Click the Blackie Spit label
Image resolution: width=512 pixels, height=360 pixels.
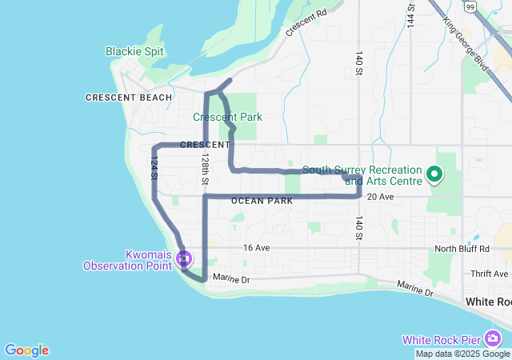(x=134, y=51)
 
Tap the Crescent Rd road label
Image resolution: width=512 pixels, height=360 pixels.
(x=306, y=23)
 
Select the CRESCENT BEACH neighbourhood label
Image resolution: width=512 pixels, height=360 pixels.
(x=129, y=98)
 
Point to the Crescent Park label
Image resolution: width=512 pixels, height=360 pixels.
(x=227, y=117)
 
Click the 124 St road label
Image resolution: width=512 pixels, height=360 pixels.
(x=153, y=167)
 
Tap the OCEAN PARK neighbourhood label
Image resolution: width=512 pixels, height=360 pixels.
(x=262, y=201)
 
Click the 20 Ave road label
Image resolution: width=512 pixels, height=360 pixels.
(x=381, y=197)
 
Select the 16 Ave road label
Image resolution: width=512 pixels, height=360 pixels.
(x=256, y=248)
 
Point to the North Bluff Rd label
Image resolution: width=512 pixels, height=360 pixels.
(x=462, y=249)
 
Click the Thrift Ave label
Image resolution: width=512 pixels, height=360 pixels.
(x=489, y=274)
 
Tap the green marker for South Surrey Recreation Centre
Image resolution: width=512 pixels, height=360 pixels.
(x=434, y=174)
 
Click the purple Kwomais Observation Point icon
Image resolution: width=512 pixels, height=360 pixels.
(x=185, y=258)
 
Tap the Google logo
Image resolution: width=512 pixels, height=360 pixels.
(x=26, y=350)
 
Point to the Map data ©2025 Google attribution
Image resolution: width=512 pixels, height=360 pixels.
(x=462, y=354)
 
